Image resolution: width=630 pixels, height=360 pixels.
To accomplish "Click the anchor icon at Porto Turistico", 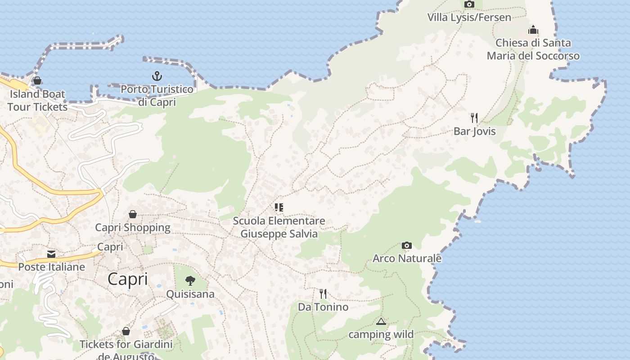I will [157, 76].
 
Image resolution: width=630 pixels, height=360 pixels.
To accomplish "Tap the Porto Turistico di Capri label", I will [157, 95].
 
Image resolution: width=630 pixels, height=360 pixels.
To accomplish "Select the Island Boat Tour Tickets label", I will [37, 100].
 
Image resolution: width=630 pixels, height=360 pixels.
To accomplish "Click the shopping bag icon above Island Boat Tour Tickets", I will [37, 81].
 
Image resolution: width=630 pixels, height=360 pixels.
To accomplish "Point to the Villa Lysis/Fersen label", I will [469, 18].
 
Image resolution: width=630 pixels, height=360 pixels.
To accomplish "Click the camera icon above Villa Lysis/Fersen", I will [469, 4].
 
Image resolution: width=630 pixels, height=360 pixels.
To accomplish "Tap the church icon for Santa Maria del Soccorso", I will [533, 30].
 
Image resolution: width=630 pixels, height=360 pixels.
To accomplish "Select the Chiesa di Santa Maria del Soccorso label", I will [533, 49].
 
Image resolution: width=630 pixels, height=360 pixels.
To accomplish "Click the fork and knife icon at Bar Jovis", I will [474, 118].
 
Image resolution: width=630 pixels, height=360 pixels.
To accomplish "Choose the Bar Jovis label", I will [474, 131].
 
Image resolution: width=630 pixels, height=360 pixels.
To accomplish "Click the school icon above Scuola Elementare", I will [279, 207].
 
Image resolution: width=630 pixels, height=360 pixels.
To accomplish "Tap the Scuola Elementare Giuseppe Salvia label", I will [279, 227].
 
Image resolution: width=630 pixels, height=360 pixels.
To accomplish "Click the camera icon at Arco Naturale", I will [407, 245].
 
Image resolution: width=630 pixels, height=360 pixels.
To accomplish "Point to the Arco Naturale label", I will [407, 259].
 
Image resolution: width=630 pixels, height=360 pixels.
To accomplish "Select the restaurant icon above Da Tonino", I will [323, 294].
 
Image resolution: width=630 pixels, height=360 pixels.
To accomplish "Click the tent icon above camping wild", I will [381, 321].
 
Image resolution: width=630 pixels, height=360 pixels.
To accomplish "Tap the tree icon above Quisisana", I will [190, 281].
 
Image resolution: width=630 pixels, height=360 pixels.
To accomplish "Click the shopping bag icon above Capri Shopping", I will [133, 214].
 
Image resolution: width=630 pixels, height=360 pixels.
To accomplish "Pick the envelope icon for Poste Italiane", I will [51, 254].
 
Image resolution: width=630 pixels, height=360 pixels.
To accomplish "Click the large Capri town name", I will [128, 279].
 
